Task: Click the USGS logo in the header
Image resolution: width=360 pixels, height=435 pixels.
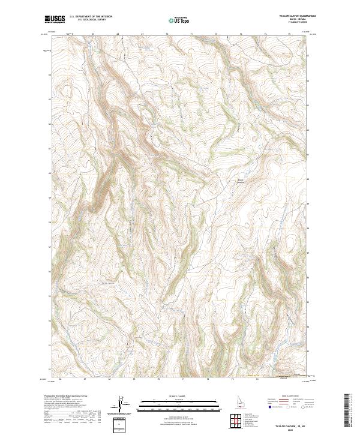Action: (x=55, y=19)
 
